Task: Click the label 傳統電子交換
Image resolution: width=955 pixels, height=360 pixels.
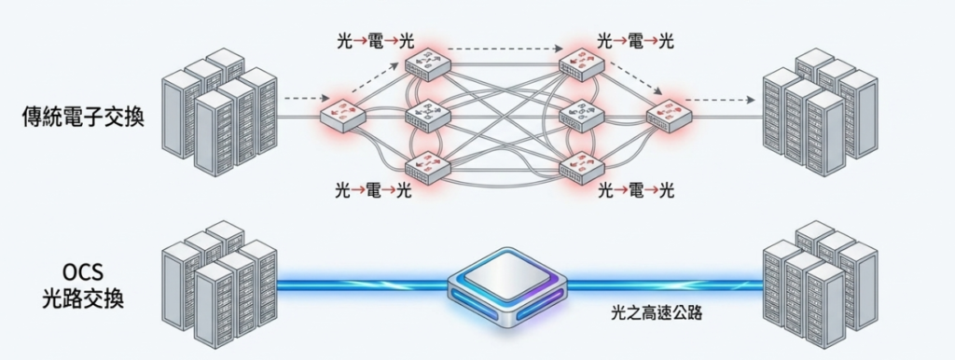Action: (84, 118)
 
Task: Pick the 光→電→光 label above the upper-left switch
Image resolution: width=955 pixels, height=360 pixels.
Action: (374, 41)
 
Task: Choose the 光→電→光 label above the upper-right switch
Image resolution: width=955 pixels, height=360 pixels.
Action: (635, 41)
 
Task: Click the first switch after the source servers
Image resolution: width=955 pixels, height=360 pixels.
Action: (342, 114)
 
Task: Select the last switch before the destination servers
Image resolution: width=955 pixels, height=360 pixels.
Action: (670, 114)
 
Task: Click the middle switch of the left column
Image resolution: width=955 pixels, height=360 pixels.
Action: (427, 114)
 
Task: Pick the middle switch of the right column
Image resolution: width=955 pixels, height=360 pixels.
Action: (583, 114)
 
